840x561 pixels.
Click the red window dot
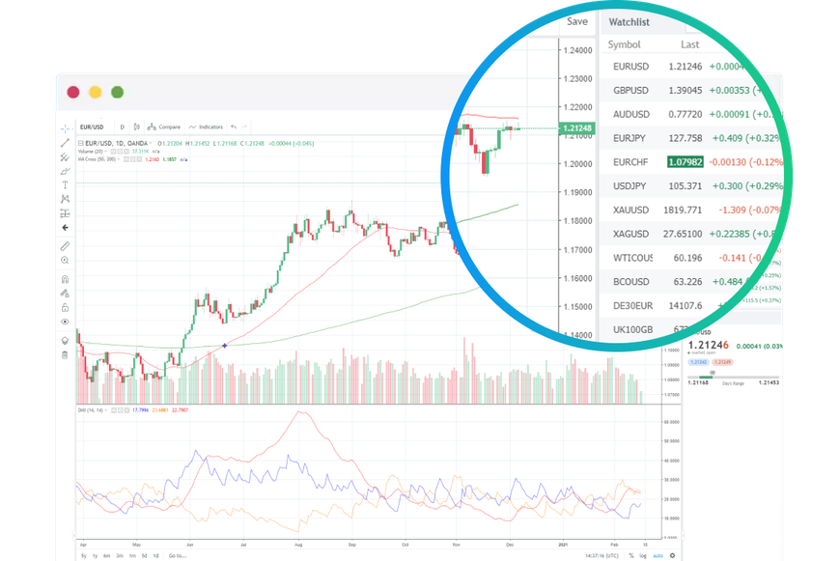pos(73,93)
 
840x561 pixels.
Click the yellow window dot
pos(96,93)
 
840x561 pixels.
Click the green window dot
pos(118,93)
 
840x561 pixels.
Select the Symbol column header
pos(625,44)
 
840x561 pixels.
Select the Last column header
pos(689,44)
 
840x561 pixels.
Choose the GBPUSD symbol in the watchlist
pos(630,90)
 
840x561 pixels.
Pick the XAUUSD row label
pos(631,210)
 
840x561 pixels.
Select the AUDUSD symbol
pos(631,114)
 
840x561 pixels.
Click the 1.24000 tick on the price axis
pos(577,51)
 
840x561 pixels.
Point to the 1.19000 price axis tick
pos(577,192)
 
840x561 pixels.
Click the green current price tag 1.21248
pos(577,128)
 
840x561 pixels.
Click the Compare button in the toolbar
pos(166,126)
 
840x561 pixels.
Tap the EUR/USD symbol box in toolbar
pos(93,126)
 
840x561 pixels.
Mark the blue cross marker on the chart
pos(225,345)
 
